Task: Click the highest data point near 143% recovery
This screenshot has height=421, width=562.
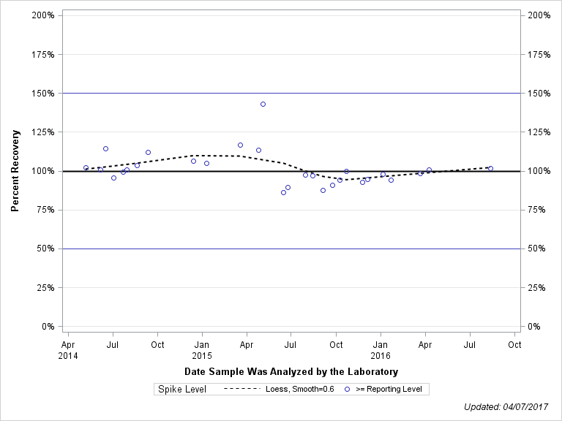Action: click(x=263, y=104)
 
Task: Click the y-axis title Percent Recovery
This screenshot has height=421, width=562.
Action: click(x=15, y=171)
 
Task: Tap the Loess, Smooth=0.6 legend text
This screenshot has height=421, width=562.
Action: click(x=300, y=389)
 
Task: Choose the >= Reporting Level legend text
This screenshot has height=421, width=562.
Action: click(x=389, y=389)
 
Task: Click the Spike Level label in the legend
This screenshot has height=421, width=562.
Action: click(x=182, y=389)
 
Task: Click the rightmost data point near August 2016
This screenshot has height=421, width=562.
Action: click(x=490, y=168)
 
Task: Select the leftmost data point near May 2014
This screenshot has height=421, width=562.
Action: click(x=86, y=167)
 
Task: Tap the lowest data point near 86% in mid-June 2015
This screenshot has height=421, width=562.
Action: click(x=283, y=192)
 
